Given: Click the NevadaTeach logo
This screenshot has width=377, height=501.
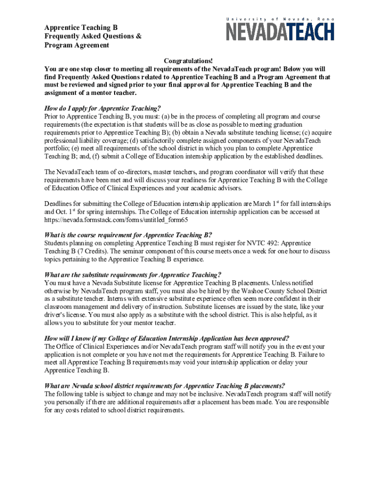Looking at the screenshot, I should (x=280, y=31).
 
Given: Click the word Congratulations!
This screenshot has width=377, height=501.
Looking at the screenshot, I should (x=188, y=61).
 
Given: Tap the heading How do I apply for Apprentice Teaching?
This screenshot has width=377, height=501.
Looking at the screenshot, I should (x=103, y=109).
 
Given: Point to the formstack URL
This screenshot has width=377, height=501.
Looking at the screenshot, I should (x=116, y=220).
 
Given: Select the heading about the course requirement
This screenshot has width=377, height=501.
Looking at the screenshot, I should (x=128, y=235).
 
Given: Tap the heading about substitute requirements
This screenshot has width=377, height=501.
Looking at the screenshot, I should (x=133, y=274).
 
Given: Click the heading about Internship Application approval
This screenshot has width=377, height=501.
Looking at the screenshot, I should (x=166, y=338).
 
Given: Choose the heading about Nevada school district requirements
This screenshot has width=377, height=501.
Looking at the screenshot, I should (x=165, y=386).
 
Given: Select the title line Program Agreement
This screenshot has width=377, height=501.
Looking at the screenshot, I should (x=76, y=46).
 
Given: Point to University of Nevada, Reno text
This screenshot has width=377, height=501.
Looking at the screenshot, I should (x=280, y=19).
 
